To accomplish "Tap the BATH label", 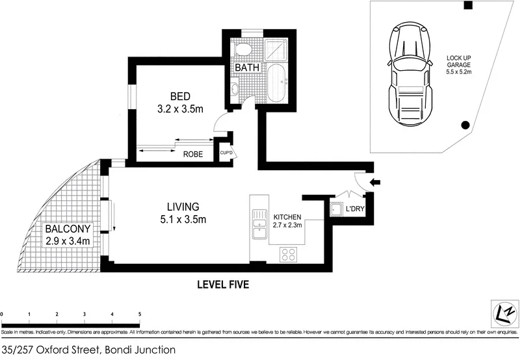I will tap(247, 68).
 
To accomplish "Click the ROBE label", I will tap(193, 154).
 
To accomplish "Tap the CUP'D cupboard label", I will tap(226, 153).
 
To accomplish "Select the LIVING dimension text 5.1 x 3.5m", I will tap(183, 219).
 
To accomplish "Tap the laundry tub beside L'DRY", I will tap(337, 209).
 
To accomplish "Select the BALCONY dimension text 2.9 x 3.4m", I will tap(67, 241).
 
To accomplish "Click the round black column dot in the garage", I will tap(465, 125).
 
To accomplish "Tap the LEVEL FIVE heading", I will tap(224, 284).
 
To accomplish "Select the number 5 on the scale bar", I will tap(139, 314).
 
